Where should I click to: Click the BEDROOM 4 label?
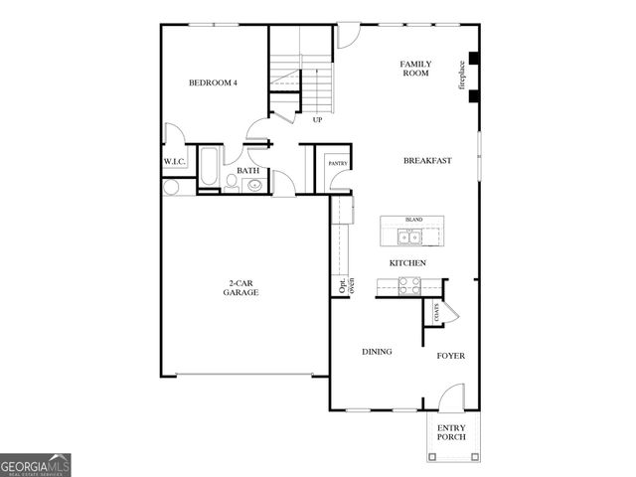pyautogui.click(x=213, y=82)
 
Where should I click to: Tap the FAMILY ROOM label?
pyautogui.click(x=414, y=69)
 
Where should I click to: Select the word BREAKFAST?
pyautogui.click(x=427, y=160)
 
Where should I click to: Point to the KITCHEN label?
pyautogui.click(x=407, y=262)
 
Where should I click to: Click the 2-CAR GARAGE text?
pyautogui.click(x=240, y=288)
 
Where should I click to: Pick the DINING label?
pyautogui.click(x=377, y=351)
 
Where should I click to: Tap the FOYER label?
pyautogui.click(x=450, y=355)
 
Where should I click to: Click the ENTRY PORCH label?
pyautogui.click(x=451, y=433)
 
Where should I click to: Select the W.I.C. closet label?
pyautogui.click(x=176, y=162)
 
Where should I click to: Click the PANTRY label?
pyautogui.click(x=337, y=162)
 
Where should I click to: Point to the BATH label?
pyautogui.click(x=247, y=171)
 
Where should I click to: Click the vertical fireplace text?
pyautogui.click(x=461, y=77)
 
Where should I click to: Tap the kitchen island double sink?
pyautogui.click(x=408, y=237)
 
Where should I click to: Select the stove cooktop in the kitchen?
pyautogui.click(x=408, y=284)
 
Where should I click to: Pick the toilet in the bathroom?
pyautogui.click(x=229, y=181)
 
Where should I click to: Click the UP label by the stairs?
pyautogui.click(x=317, y=120)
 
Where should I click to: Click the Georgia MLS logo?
pyautogui.click(x=36, y=465)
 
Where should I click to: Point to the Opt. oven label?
pyautogui.click(x=346, y=286)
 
